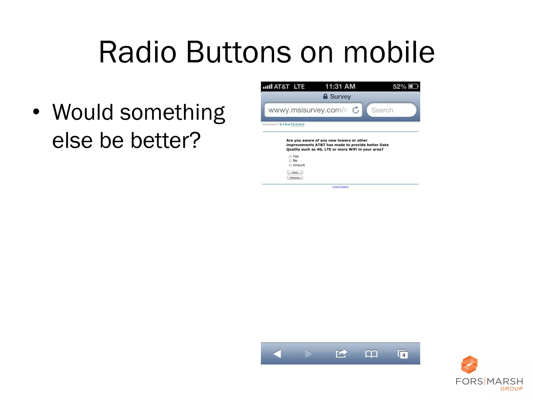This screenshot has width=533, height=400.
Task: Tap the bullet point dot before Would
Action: coord(36,112)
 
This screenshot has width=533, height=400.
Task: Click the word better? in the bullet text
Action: coord(166,141)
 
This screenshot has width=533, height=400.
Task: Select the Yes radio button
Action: coord(290,157)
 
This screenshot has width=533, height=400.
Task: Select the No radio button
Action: coord(290,161)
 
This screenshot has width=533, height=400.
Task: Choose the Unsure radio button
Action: coord(290,165)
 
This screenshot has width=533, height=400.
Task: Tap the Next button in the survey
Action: coord(295,172)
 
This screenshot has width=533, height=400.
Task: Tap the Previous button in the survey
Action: coord(295,178)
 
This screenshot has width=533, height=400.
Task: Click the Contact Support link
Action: coord(340,187)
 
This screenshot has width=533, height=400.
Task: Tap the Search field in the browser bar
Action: coord(391,110)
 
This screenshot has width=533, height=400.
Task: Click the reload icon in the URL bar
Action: coord(356,110)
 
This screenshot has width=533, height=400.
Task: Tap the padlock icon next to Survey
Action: coord(325,96)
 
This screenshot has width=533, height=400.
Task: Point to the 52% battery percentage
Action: coord(399,86)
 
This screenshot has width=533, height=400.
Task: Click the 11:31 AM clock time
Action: coord(340,86)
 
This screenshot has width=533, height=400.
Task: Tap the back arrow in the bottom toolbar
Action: coord(277,354)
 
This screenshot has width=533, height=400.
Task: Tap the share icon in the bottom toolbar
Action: coord(341,353)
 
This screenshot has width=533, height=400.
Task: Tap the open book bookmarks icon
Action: coord(371,354)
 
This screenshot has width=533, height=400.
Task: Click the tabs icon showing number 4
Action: coord(403,354)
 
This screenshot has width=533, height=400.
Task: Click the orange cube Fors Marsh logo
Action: coord(469,365)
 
